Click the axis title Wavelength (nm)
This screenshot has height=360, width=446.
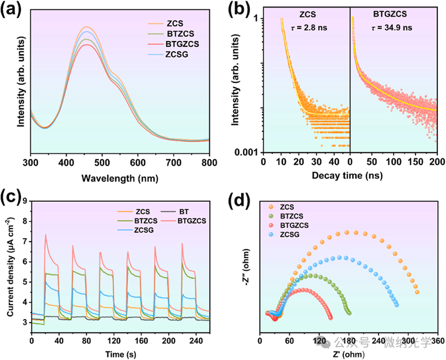click(x=120, y=177)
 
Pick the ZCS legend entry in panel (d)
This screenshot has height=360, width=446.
click(x=288, y=207)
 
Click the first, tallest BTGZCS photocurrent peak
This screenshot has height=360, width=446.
click(x=45, y=235)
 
